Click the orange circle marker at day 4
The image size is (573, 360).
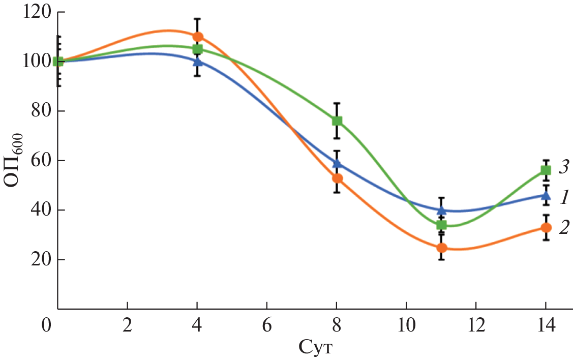click(x=198, y=37)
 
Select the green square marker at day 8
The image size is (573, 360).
click(x=337, y=121)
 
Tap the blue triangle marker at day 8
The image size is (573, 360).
click(x=337, y=163)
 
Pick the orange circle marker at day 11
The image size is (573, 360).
click(x=442, y=248)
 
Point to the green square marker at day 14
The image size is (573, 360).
click(x=546, y=170)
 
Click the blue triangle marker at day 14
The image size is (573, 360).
click(x=546, y=195)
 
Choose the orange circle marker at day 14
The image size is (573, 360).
click(x=546, y=228)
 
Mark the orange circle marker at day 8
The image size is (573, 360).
click(x=337, y=178)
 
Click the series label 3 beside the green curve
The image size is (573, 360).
click(x=563, y=167)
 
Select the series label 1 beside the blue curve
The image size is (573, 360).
click(x=563, y=196)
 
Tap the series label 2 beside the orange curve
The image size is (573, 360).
click(x=563, y=227)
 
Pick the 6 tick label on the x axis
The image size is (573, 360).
click(x=266, y=324)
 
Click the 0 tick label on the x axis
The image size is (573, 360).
click(x=47, y=324)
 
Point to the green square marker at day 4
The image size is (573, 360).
click(x=198, y=49)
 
